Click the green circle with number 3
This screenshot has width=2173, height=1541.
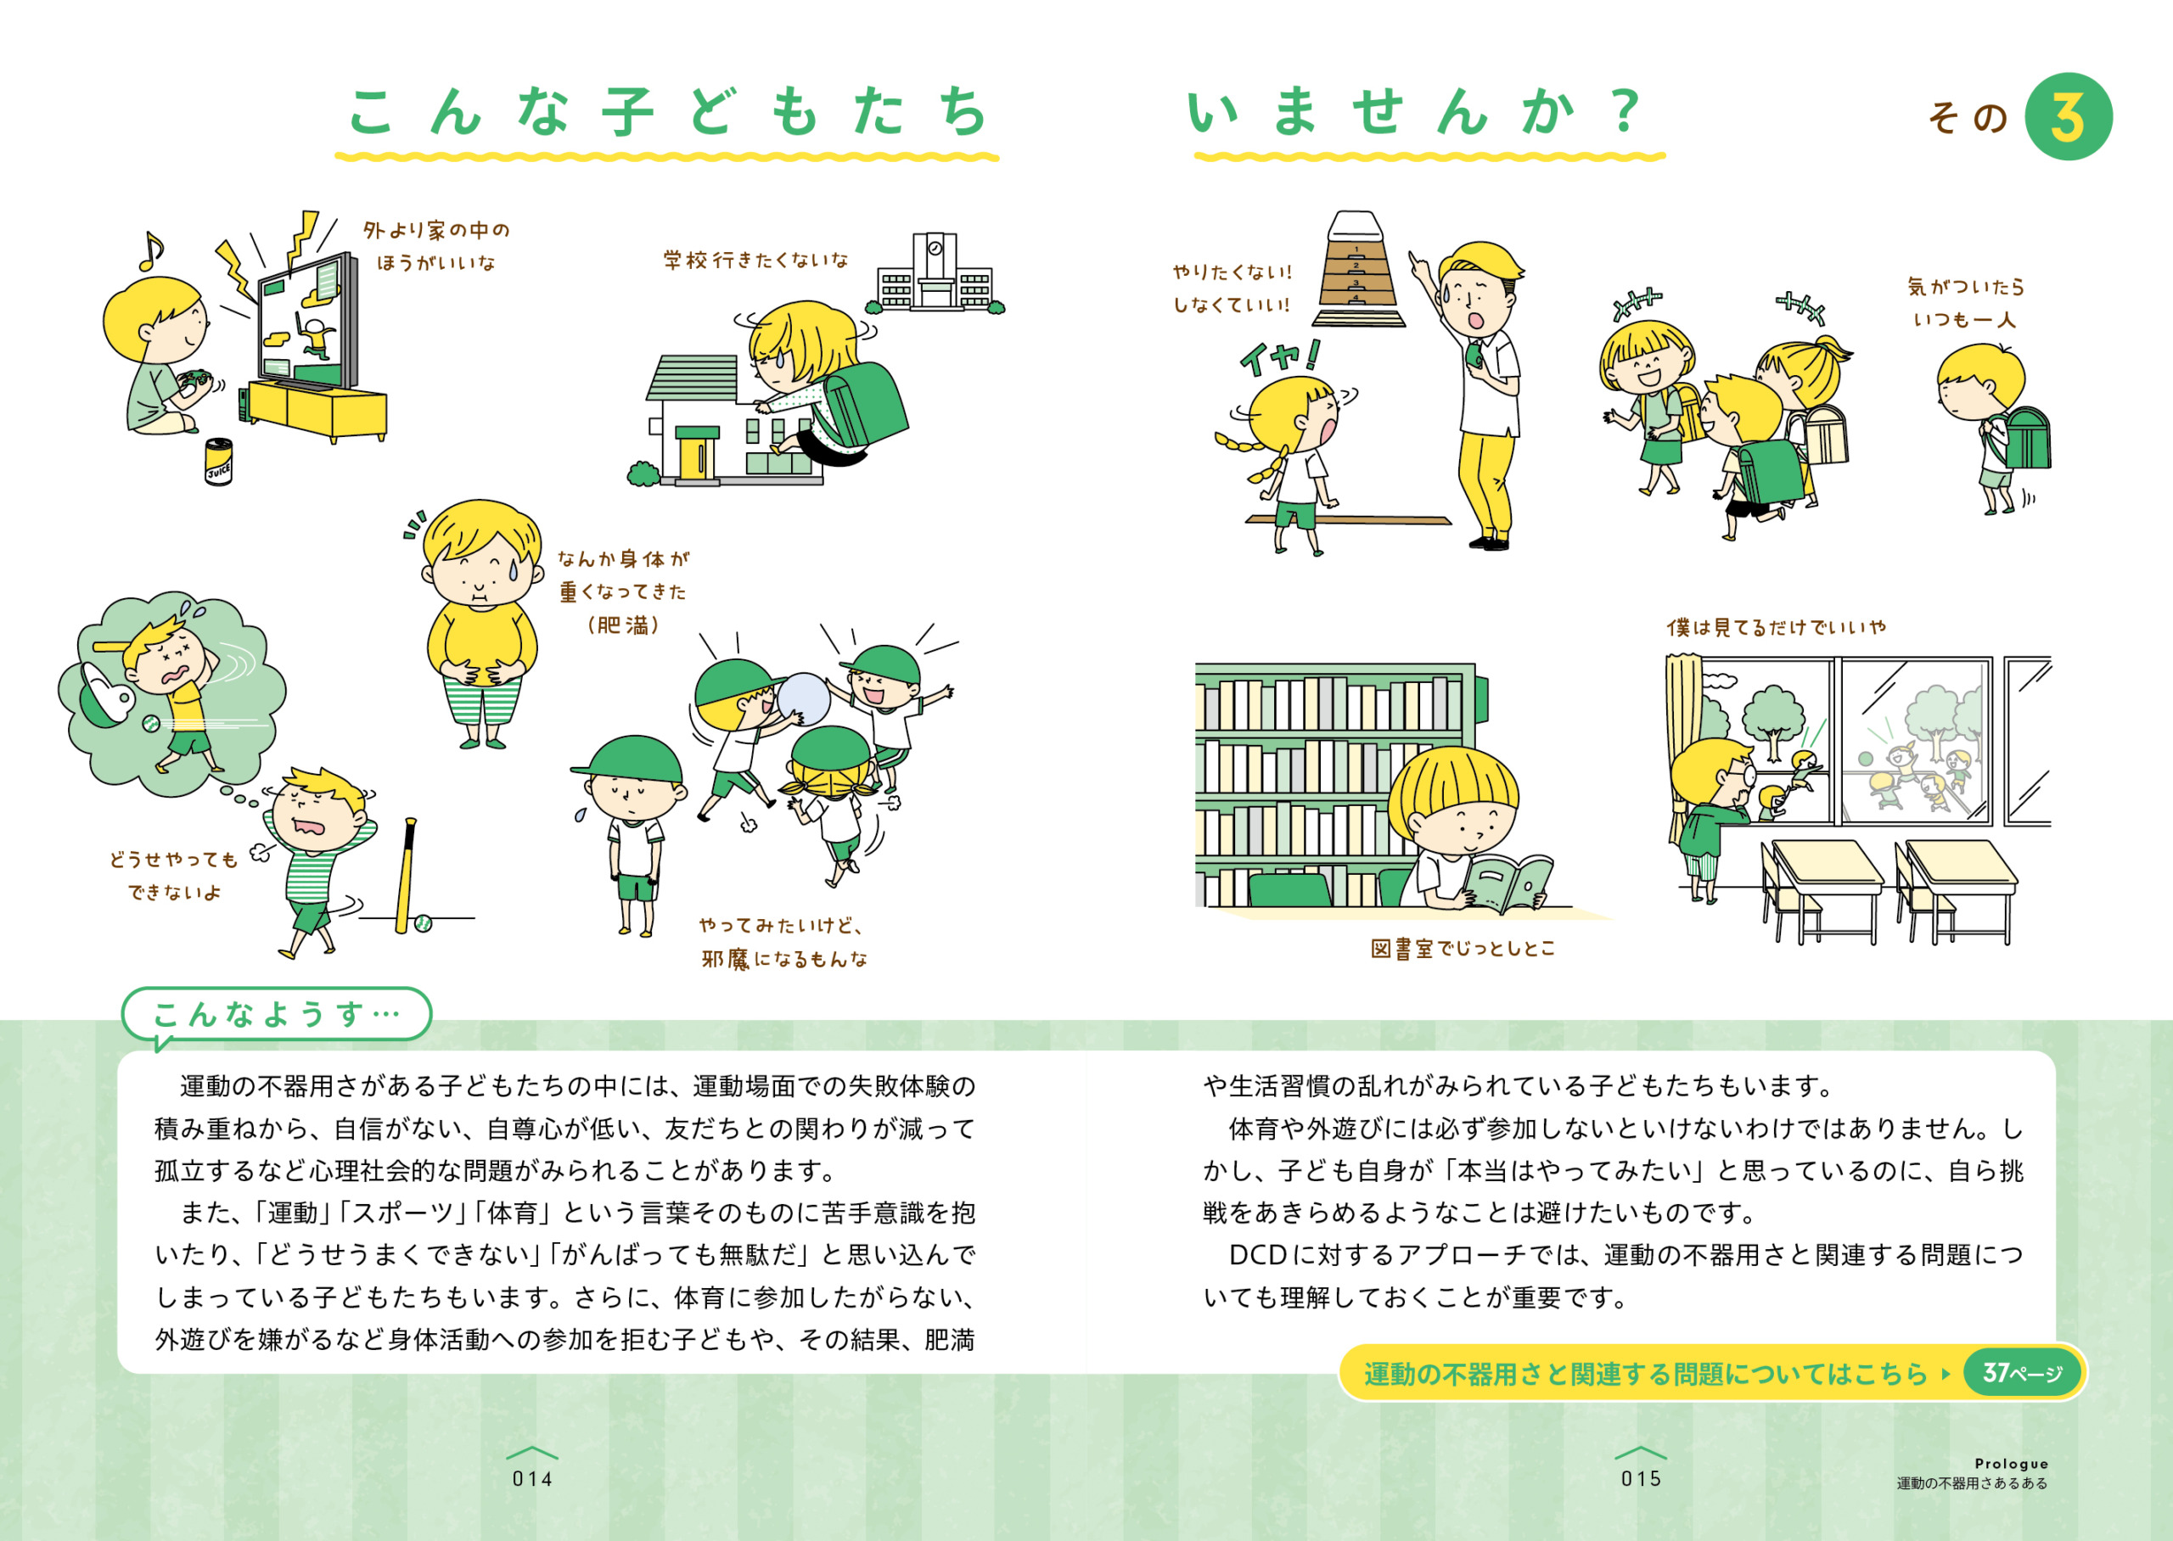coord(2068,117)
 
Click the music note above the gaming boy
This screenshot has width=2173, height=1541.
coord(150,250)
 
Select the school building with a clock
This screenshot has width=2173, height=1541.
coord(935,272)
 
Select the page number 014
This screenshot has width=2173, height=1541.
coord(532,1478)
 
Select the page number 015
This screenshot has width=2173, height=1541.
coord(1641,1478)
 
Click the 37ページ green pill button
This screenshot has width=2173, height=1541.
coord(2021,1372)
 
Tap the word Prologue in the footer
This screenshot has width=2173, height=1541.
coord(2012,1463)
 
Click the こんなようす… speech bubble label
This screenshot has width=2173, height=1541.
coord(276,1014)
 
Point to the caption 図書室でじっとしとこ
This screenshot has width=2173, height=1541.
coord(1463,949)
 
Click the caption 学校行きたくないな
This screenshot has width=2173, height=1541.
coord(755,260)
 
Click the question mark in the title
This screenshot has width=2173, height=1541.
coord(1626,111)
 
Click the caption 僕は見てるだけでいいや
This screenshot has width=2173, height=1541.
coord(1777,627)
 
